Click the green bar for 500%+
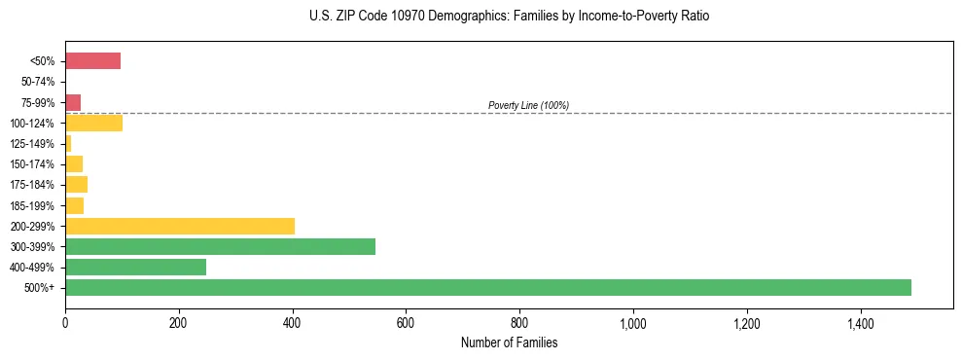pos(487,287)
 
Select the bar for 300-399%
pos(220,246)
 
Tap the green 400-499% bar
pos(135,267)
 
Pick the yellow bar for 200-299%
pos(180,226)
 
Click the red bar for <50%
pos(92,61)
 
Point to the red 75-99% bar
pos(73,102)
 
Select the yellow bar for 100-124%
pos(93,123)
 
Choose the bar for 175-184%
pos(76,185)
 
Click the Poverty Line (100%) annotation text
pos(528,105)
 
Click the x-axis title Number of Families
pos(509,342)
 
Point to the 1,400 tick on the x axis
pos(861,322)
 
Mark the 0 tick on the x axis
pos(65,322)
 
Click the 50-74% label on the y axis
pos(39,82)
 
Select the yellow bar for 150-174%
pos(74,163)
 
